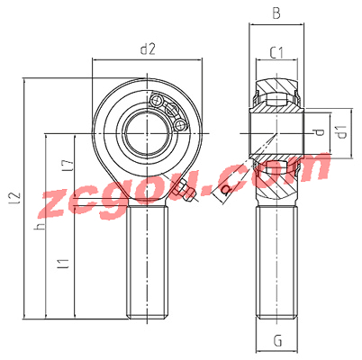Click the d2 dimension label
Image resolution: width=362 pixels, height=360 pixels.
click(x=148, y=49)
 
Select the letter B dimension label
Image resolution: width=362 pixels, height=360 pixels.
click(x=276, y=13)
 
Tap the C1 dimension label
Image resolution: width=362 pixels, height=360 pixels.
click(x=276, y=53)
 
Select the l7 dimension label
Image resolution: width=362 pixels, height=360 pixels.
click(x=68, y=166)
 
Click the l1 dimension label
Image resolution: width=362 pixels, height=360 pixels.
click(x=65, y=263)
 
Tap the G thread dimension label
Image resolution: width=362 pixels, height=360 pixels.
click(x=278, y=340)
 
